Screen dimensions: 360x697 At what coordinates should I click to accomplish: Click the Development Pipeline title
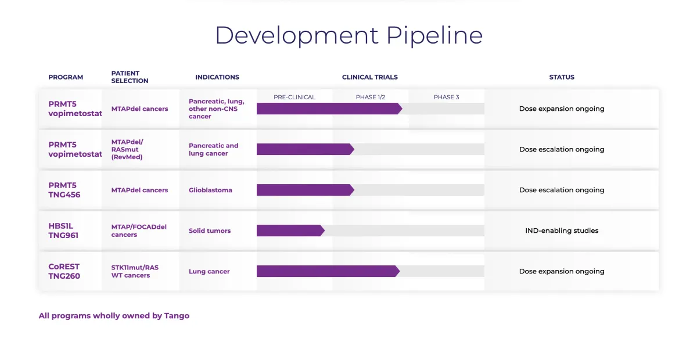pos(348,35)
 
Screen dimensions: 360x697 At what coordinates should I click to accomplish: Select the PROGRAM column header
pos(66,77)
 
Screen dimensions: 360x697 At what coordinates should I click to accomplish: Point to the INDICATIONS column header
pos(217,77)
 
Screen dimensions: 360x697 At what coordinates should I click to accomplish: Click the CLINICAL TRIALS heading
pos(370,77)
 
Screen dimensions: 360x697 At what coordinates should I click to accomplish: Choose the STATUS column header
pos(562,77)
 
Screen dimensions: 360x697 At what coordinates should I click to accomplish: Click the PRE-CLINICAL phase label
pos(294,97)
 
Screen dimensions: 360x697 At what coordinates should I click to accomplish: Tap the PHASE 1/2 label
pos(371,97)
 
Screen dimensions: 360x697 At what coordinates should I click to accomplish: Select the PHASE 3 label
pos(446,97)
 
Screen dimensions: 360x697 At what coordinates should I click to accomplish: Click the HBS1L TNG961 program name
pos(64,231)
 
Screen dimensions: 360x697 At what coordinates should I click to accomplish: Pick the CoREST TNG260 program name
pos(64,271)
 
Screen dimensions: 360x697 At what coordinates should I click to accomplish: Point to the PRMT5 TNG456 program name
pos(64,190)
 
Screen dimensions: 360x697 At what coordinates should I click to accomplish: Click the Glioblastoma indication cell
pos(210,190)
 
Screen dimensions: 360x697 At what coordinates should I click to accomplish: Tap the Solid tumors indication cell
pos(210,231)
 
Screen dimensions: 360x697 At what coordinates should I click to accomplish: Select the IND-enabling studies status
pos(562,231)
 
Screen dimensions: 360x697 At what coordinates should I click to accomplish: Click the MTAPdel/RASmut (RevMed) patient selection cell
pos(128,149)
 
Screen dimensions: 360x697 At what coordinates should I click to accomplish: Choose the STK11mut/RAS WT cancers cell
pos(135,271)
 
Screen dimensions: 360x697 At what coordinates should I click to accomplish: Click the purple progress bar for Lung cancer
pos(328,271)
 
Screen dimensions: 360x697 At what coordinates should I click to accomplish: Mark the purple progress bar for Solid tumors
pos(290,231)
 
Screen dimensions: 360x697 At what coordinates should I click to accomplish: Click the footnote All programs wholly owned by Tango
pos(114,316)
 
